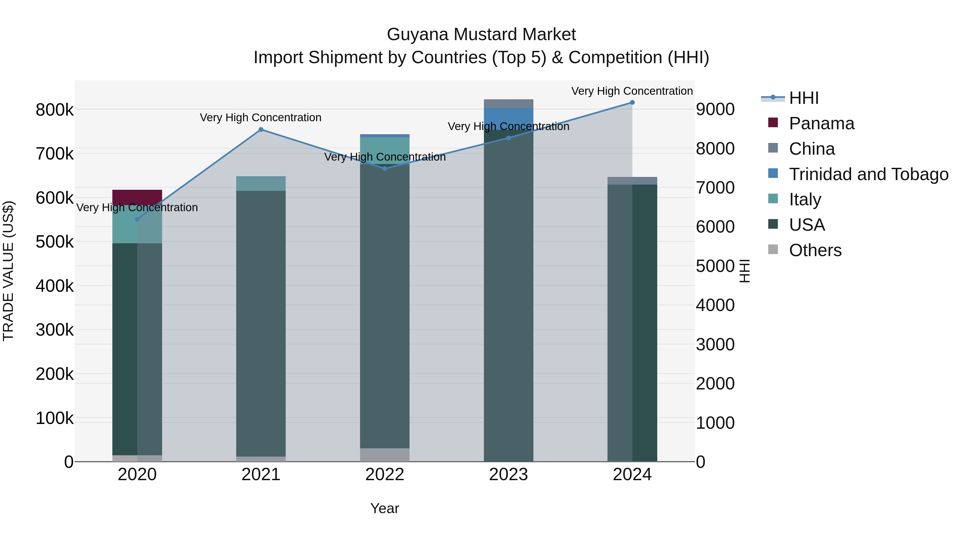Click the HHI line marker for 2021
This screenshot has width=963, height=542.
tap(261, 130)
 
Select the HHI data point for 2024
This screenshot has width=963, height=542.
tap(632, 103)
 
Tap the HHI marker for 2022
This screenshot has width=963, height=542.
tap(385, 169)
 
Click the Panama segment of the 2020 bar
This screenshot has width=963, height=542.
tap(137, 197)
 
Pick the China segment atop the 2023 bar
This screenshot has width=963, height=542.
tap(509, 104)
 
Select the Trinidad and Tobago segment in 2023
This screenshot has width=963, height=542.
tap(509, 119)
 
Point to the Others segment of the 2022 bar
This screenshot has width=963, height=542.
tap(385, 455)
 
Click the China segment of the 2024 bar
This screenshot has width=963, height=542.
tap(632, 181)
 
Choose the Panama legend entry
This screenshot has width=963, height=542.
tap(821, 123)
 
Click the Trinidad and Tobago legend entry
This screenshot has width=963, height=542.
tap(868, 174)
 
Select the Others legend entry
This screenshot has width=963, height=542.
tap(815, 250)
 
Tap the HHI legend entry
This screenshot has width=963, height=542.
tap(804, 98)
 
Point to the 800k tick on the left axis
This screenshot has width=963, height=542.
tap(55, 110)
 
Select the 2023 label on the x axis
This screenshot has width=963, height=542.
tap(509, 475)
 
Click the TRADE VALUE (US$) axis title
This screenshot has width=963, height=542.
tap(8, 271)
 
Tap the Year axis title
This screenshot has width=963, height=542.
tap(385, 508)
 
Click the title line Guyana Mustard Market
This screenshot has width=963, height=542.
tap(481, 35)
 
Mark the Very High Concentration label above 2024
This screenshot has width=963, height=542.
tap(632, 91)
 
